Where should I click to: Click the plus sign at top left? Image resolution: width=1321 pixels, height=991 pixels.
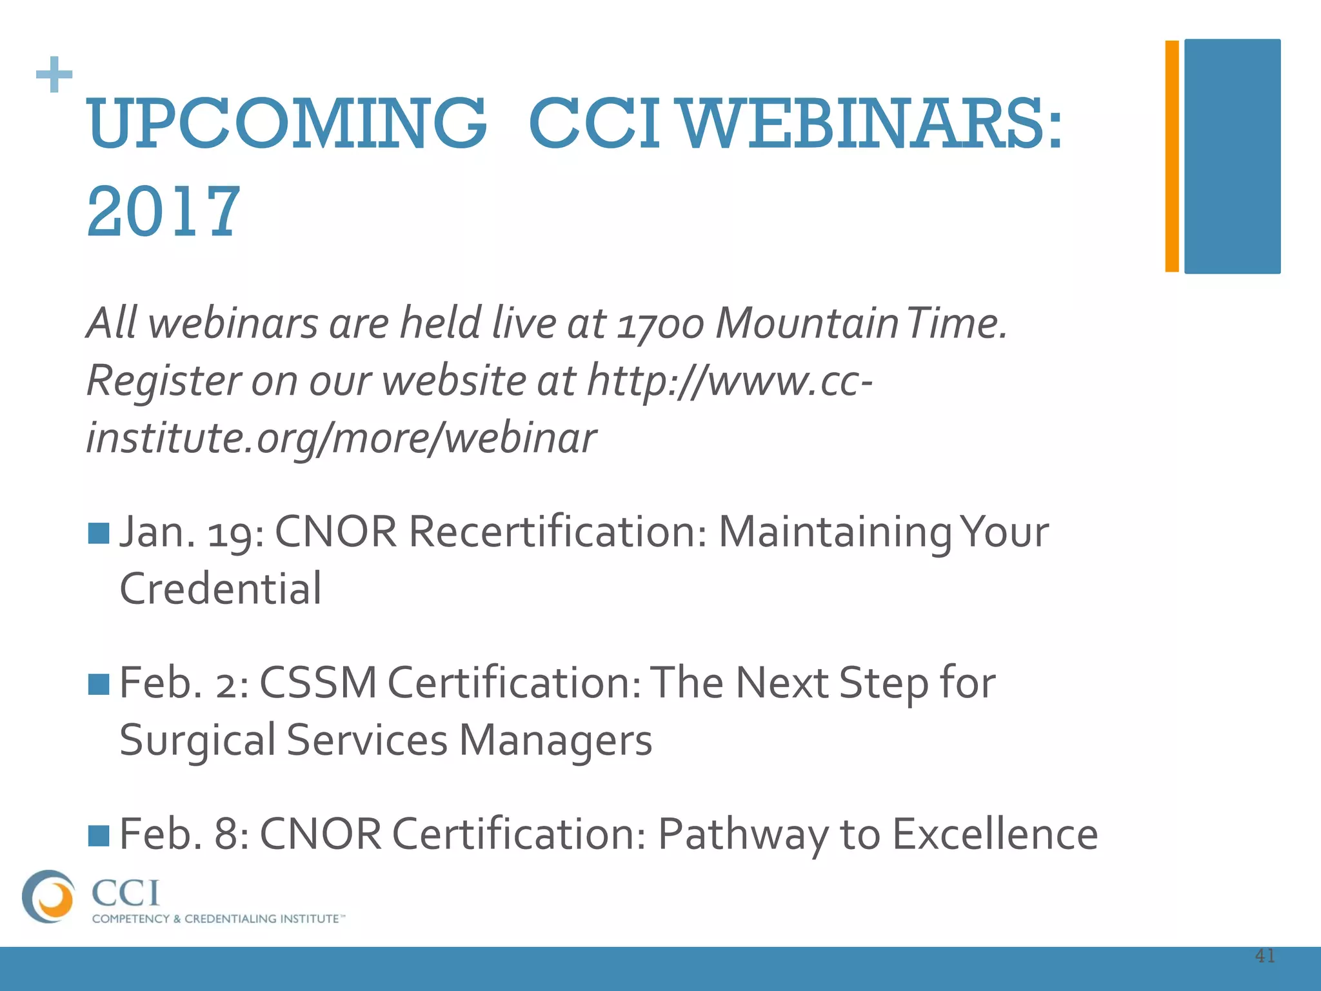54,75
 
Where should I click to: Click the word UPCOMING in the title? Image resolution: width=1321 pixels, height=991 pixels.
286,123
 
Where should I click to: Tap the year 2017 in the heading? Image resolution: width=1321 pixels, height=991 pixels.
163,211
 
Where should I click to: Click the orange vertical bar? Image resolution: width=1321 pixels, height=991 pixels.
1172,156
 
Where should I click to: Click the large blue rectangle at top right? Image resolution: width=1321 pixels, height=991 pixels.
1232,156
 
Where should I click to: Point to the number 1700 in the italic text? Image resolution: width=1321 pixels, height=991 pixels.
660,324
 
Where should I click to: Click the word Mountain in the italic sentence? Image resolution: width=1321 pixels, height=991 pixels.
806,323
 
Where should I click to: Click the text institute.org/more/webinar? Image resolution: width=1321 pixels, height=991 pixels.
341,438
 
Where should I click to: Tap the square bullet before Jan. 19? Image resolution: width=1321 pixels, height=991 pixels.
99,534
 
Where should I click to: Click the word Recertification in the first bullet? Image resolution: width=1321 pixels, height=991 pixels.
557,532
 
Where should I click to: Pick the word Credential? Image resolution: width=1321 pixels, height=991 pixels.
221,589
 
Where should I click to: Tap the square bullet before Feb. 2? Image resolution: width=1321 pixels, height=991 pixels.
99,684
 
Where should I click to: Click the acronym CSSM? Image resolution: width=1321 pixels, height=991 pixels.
317,683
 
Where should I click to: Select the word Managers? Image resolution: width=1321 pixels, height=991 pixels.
555,741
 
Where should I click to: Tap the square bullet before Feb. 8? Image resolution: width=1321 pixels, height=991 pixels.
99,835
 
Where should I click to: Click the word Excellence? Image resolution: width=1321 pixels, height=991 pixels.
995,834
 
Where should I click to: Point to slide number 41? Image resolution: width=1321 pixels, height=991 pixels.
1265,956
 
